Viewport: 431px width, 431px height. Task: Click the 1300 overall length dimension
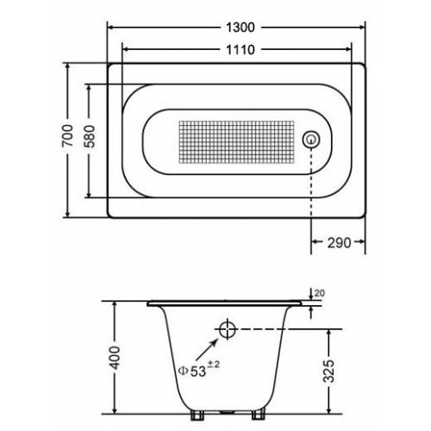coord(240,28)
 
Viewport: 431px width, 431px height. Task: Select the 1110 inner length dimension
coord(240,50)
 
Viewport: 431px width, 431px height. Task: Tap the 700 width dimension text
coord(68,135)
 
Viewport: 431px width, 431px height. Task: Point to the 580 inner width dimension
coord(91,136)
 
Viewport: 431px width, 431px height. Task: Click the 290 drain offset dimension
coord(339,243)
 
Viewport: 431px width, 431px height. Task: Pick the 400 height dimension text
coord(116,358)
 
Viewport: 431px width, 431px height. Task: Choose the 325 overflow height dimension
coord(329,371)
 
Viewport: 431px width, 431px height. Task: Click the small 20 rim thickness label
coord(320,293)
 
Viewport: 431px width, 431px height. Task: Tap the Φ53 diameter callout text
coord(192,371)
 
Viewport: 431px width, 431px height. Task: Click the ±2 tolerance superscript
coord(213,365)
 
